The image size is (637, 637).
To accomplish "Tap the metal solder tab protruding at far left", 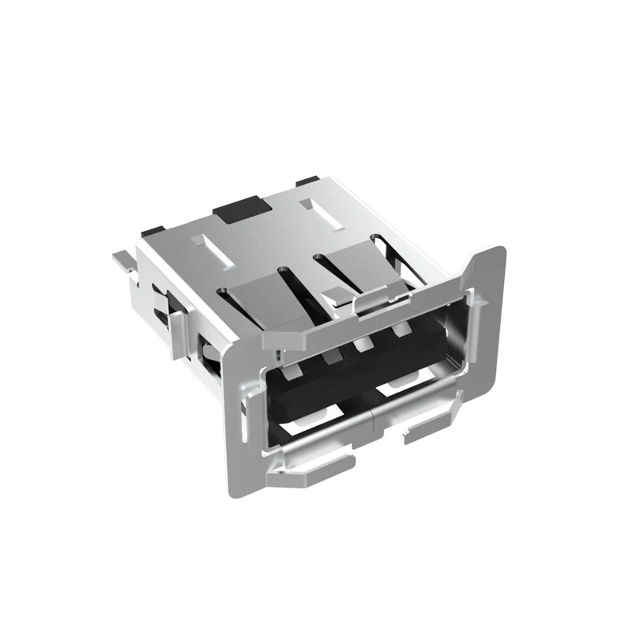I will coord(121,260).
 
